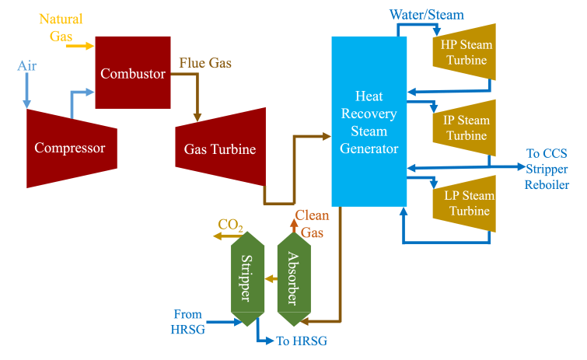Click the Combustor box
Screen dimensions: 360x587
132,73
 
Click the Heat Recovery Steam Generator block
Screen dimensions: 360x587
369,121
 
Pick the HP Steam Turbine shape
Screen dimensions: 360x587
464,52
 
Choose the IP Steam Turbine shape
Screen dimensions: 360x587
464,128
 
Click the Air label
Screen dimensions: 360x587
28,67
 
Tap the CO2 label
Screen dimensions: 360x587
230,225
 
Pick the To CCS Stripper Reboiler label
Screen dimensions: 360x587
547,169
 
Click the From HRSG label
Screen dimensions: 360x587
187,322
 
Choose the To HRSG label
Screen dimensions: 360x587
296,341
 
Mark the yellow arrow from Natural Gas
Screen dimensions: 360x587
80,46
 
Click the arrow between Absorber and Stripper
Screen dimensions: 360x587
268,278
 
